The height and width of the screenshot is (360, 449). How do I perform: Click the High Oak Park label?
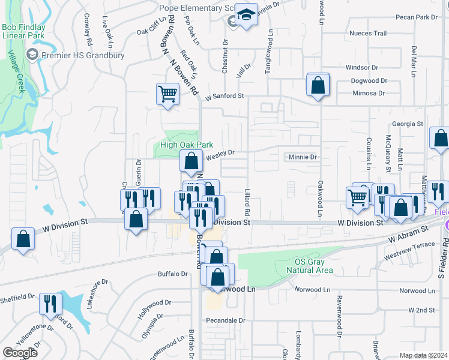pos(187,145)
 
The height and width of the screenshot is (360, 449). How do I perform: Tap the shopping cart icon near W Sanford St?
pos(167,94)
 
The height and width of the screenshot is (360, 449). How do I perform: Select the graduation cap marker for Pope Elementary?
pos(246,14)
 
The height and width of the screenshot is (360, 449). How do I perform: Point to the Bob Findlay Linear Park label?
pos(23,31)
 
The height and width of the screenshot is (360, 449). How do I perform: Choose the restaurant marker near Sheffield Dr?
pos(50,304)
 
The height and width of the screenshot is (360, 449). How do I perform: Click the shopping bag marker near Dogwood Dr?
pos(318,85)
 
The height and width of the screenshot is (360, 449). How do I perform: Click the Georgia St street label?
pos(408,124)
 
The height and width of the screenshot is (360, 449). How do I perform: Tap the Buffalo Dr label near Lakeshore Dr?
pos(173,274)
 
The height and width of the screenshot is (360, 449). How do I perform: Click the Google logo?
pos(20,353)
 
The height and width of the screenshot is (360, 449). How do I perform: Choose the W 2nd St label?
pos(421,310)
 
